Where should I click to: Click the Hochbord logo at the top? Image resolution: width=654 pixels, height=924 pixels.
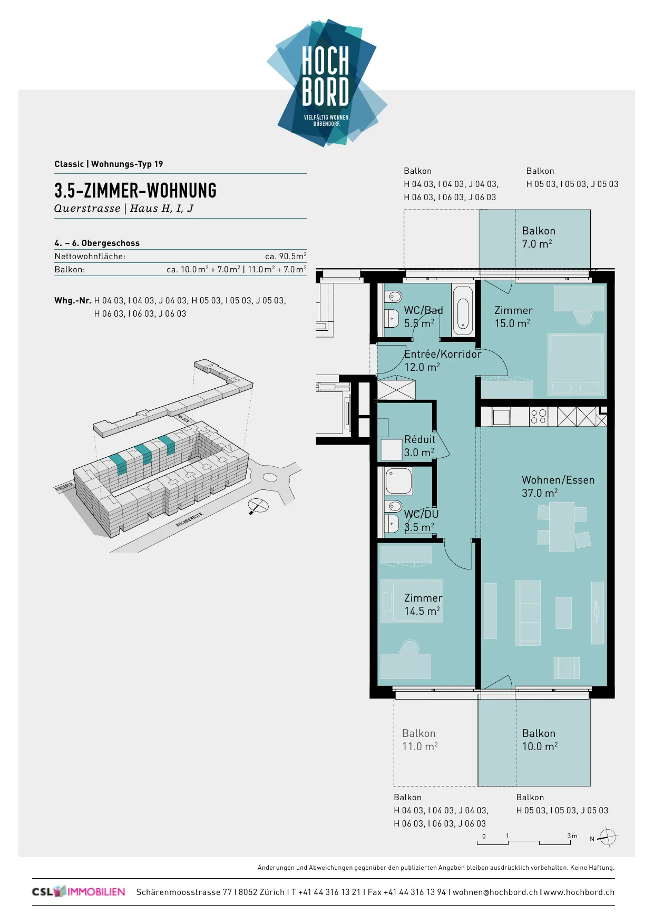pos(327,83)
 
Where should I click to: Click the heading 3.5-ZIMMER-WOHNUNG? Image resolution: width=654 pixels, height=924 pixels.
pos(135,191)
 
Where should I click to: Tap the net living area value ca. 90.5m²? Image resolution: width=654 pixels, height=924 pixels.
pos(286,256)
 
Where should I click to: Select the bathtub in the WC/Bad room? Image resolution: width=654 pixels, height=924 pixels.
pos(462,310)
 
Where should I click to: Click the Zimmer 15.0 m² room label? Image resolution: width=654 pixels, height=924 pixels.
pos(513,317)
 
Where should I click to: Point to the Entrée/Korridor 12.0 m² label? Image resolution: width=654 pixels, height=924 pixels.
pos(443,360)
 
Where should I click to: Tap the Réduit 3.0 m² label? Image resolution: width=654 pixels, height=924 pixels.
pos(419,446)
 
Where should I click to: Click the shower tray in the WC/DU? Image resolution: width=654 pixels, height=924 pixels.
pos(399,480)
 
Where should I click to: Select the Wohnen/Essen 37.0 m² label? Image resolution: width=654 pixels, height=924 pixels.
pos(558,486)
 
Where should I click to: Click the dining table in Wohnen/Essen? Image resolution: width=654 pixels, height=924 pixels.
pos(562,527)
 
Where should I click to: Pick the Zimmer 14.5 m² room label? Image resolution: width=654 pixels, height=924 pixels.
pos(423,604)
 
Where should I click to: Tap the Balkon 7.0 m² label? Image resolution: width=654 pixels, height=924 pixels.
pos(539,237)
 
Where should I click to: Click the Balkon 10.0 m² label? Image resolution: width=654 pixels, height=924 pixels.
pos(540,740)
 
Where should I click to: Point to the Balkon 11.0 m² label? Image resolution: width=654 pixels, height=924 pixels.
pos(419,740)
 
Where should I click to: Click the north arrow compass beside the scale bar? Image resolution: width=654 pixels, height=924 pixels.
pos(608,837)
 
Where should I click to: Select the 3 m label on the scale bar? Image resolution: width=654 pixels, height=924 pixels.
pos(572,836)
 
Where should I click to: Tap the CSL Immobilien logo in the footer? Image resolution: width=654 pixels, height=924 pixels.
pos(79,892)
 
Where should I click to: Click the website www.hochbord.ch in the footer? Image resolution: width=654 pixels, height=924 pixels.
pos(579,892)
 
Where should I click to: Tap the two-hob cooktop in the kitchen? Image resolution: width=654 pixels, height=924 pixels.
pos(539,417)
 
